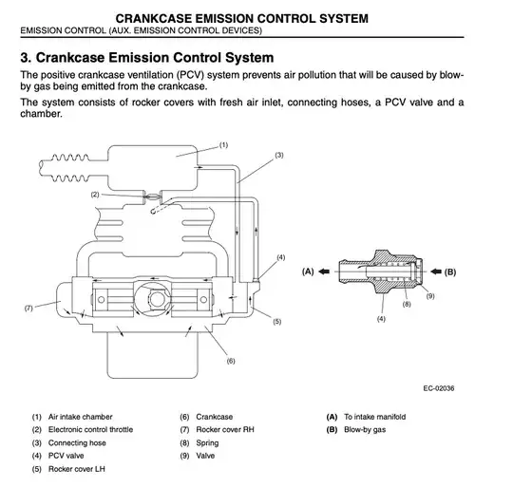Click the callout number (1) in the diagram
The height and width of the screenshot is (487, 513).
pos(223,145)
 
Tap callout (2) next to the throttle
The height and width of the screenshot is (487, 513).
pos(95,195)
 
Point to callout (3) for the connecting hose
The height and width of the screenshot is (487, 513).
pos(279,156)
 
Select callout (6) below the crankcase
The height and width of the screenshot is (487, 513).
pos(231,361)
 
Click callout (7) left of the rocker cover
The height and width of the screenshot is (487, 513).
pos(28,309)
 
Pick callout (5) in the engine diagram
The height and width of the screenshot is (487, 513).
pos(277,322)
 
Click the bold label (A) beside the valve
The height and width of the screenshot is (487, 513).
pos(308,272)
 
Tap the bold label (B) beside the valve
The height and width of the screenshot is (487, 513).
pos(450,272)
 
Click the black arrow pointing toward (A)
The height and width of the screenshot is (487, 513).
pos(324,272)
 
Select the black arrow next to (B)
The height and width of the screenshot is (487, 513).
pos(436,272)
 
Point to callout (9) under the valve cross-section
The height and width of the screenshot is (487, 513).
pos(430,296)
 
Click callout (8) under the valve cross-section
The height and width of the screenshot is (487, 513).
pos(407,305)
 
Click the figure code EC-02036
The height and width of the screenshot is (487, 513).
pos(439,388)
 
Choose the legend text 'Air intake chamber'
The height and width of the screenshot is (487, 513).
pos(80,417)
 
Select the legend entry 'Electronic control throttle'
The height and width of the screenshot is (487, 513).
pos(90,429)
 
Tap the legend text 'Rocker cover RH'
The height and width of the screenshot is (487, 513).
pos(225,429)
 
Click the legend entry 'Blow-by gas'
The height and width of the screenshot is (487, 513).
pos(365,430)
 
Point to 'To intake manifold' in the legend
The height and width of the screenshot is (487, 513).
pos(375,417)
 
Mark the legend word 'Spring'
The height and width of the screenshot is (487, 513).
pos(207,443)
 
